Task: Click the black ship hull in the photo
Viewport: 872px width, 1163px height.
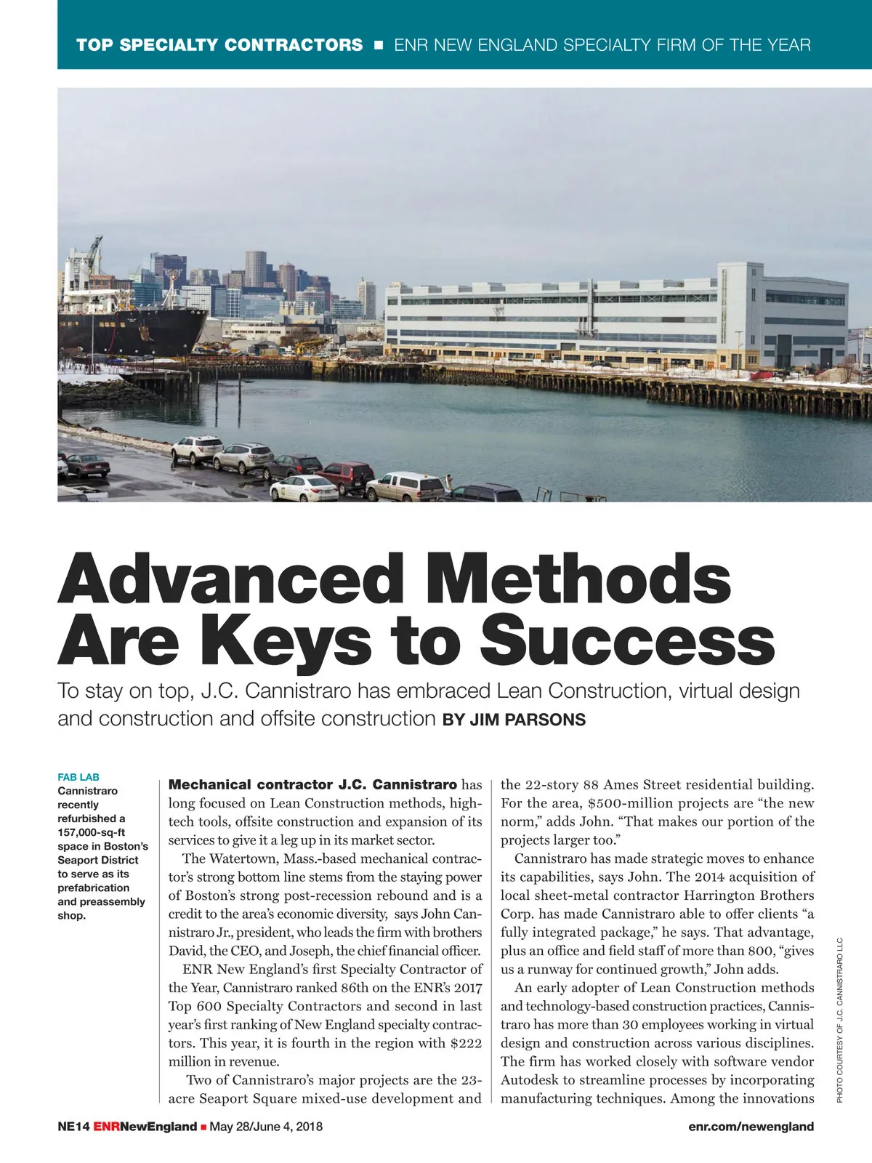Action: click(131, 331)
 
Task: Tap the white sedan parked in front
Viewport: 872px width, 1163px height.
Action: click(304, 488)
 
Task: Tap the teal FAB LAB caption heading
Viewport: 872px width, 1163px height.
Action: click(78, 777)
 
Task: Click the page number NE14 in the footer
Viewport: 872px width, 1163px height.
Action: click(73, 1127)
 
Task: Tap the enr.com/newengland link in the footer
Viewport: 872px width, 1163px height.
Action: click(751, 1127)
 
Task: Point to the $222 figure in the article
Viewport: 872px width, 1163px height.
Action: click(466, 1043)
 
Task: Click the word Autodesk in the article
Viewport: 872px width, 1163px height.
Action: click(529, 1080)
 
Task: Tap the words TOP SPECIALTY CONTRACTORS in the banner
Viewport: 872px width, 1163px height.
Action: click(219, 45)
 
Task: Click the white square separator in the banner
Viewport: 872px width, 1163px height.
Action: click(378, 45)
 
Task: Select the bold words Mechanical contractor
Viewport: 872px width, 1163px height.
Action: click(251, 784)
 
